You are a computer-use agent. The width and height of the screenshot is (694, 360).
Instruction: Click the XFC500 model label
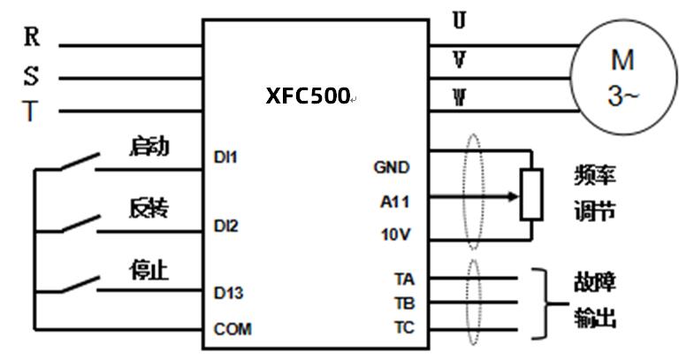click(308, 96)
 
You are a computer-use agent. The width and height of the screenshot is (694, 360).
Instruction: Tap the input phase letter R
click(31, 37)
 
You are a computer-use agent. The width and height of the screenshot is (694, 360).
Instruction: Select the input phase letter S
click(31, 75)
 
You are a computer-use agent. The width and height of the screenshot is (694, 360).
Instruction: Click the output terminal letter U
click(459, 20)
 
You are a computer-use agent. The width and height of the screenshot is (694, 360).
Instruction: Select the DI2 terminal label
click(226, 226)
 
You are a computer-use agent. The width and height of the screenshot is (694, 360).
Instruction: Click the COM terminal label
click(233, 329)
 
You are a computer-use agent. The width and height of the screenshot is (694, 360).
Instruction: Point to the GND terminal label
click(392, 167)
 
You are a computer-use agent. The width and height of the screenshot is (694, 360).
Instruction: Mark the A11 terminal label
click(394, 202)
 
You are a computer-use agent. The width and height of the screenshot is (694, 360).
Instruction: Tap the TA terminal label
click(404, 280)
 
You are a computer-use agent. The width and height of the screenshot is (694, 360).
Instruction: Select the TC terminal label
click(404, 327)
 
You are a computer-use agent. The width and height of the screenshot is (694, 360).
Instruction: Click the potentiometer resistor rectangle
click(531, 194)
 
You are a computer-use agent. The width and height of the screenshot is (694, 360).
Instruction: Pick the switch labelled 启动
click(78, 162)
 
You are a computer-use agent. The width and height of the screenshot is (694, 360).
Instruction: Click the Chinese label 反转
click(148, 209)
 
